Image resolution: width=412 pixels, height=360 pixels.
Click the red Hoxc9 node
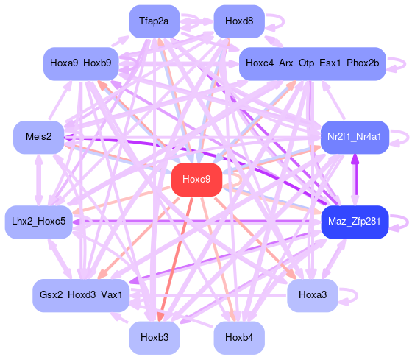pyautogui.click(x=197, y=180)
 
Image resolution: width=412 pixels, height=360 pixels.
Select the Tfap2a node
pyautogui.click(x=154, y=21)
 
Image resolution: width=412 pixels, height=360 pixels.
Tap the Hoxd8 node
pyautogui.click(x=239, y=21)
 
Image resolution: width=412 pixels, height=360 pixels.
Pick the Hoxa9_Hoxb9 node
pyautogui.click(x=81, y=63)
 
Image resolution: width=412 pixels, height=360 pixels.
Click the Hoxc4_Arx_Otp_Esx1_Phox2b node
pyautogui.click(x=313, y=63)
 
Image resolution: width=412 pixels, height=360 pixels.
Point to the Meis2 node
pyautogui.click(x=38, y=137)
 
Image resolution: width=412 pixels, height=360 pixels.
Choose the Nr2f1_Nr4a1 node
pyautogui.click(x=355, y=137)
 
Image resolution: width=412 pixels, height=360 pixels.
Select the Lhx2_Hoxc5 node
pyautogui.click(x=38, y=222)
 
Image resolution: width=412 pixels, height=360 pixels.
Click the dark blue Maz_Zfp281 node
pyautogui.click(x=355, y=222)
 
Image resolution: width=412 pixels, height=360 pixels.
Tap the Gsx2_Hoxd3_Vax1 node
pyautogui.click(x=81, y=295)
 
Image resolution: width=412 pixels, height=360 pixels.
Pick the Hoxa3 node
pyautogui.click(x=313, y=295)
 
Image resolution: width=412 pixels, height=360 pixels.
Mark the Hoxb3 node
pyautogui.click(x=154, y=338)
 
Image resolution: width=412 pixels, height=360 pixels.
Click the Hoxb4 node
pyautogui.click(x=239, y=338)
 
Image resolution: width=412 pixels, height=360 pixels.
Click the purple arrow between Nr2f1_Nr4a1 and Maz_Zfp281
pyautogui.click(x=355, y=180)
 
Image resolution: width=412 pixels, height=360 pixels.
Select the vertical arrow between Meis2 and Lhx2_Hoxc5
pyautogui.click(x=39, y=180)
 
